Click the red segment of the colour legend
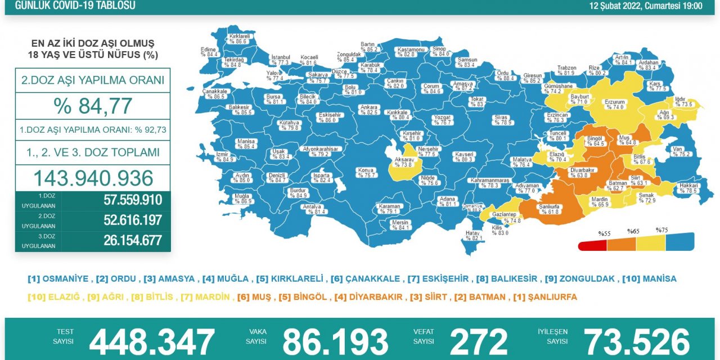click(x=592, y=245)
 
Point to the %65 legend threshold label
click(x=633, y=231)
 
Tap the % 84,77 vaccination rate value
click(x=93, y=106)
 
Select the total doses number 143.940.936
click(x=93, y=178)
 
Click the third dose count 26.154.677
click(x=133, y=240)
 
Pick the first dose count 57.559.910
click(x=133, y=200)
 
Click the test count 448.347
click(x=152, y=342)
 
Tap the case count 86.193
click(x=335, y=342)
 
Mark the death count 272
click(x=478, y=342)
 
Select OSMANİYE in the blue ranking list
click(x=66, y=278)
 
